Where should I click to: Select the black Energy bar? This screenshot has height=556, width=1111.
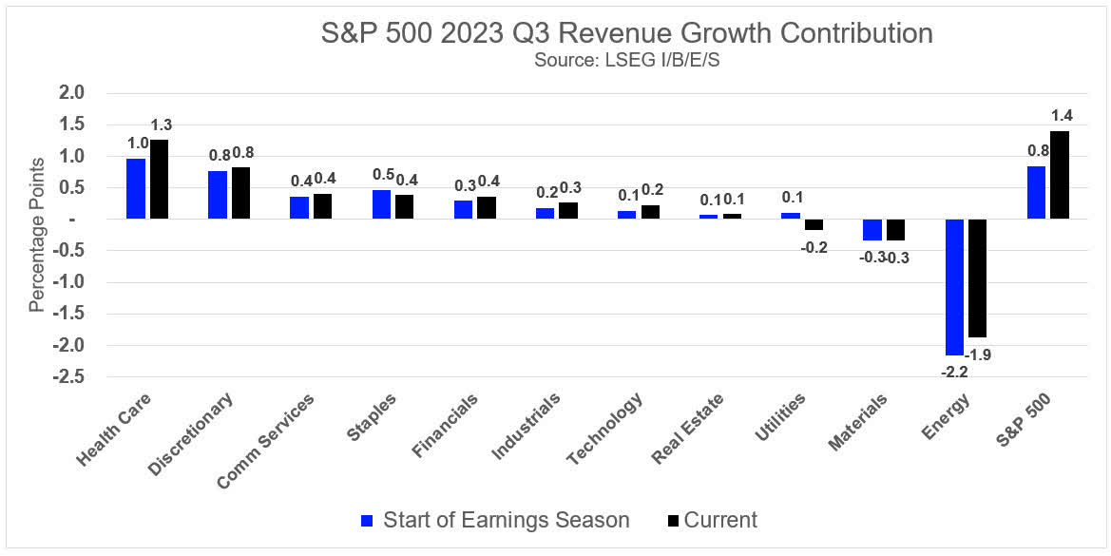click(x=978, y=278)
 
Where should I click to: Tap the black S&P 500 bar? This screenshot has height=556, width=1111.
click(x=1060, y=175)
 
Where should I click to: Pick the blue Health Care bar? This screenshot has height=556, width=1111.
click(x=136, y=188)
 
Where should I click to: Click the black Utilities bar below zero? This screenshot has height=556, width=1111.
click(x=814, y=224)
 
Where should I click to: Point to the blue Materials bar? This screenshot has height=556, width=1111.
click(x=872, y=229)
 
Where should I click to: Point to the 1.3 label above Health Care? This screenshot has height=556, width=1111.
click(x=161, y=125)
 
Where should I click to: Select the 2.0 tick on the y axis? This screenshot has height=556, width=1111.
click(x=72, y=93)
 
